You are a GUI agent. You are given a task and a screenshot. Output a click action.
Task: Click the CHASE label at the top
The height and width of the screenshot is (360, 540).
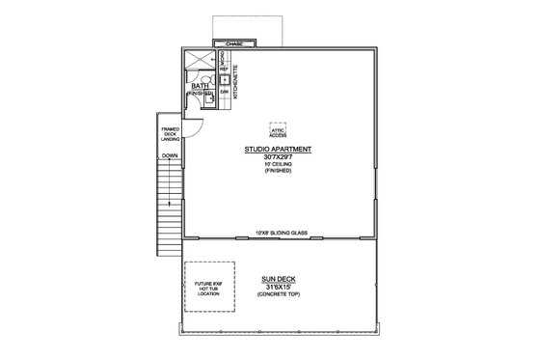234,44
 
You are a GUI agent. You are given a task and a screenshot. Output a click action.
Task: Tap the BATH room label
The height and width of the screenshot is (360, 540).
201,87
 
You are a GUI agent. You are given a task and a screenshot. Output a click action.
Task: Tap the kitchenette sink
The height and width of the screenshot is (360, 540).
224,79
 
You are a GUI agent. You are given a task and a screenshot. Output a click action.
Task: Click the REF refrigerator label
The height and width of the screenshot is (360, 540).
224,69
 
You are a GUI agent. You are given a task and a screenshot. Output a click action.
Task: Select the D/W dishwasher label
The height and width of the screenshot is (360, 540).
224,93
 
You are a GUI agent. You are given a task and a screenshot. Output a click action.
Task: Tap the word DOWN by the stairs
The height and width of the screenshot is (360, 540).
170,155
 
